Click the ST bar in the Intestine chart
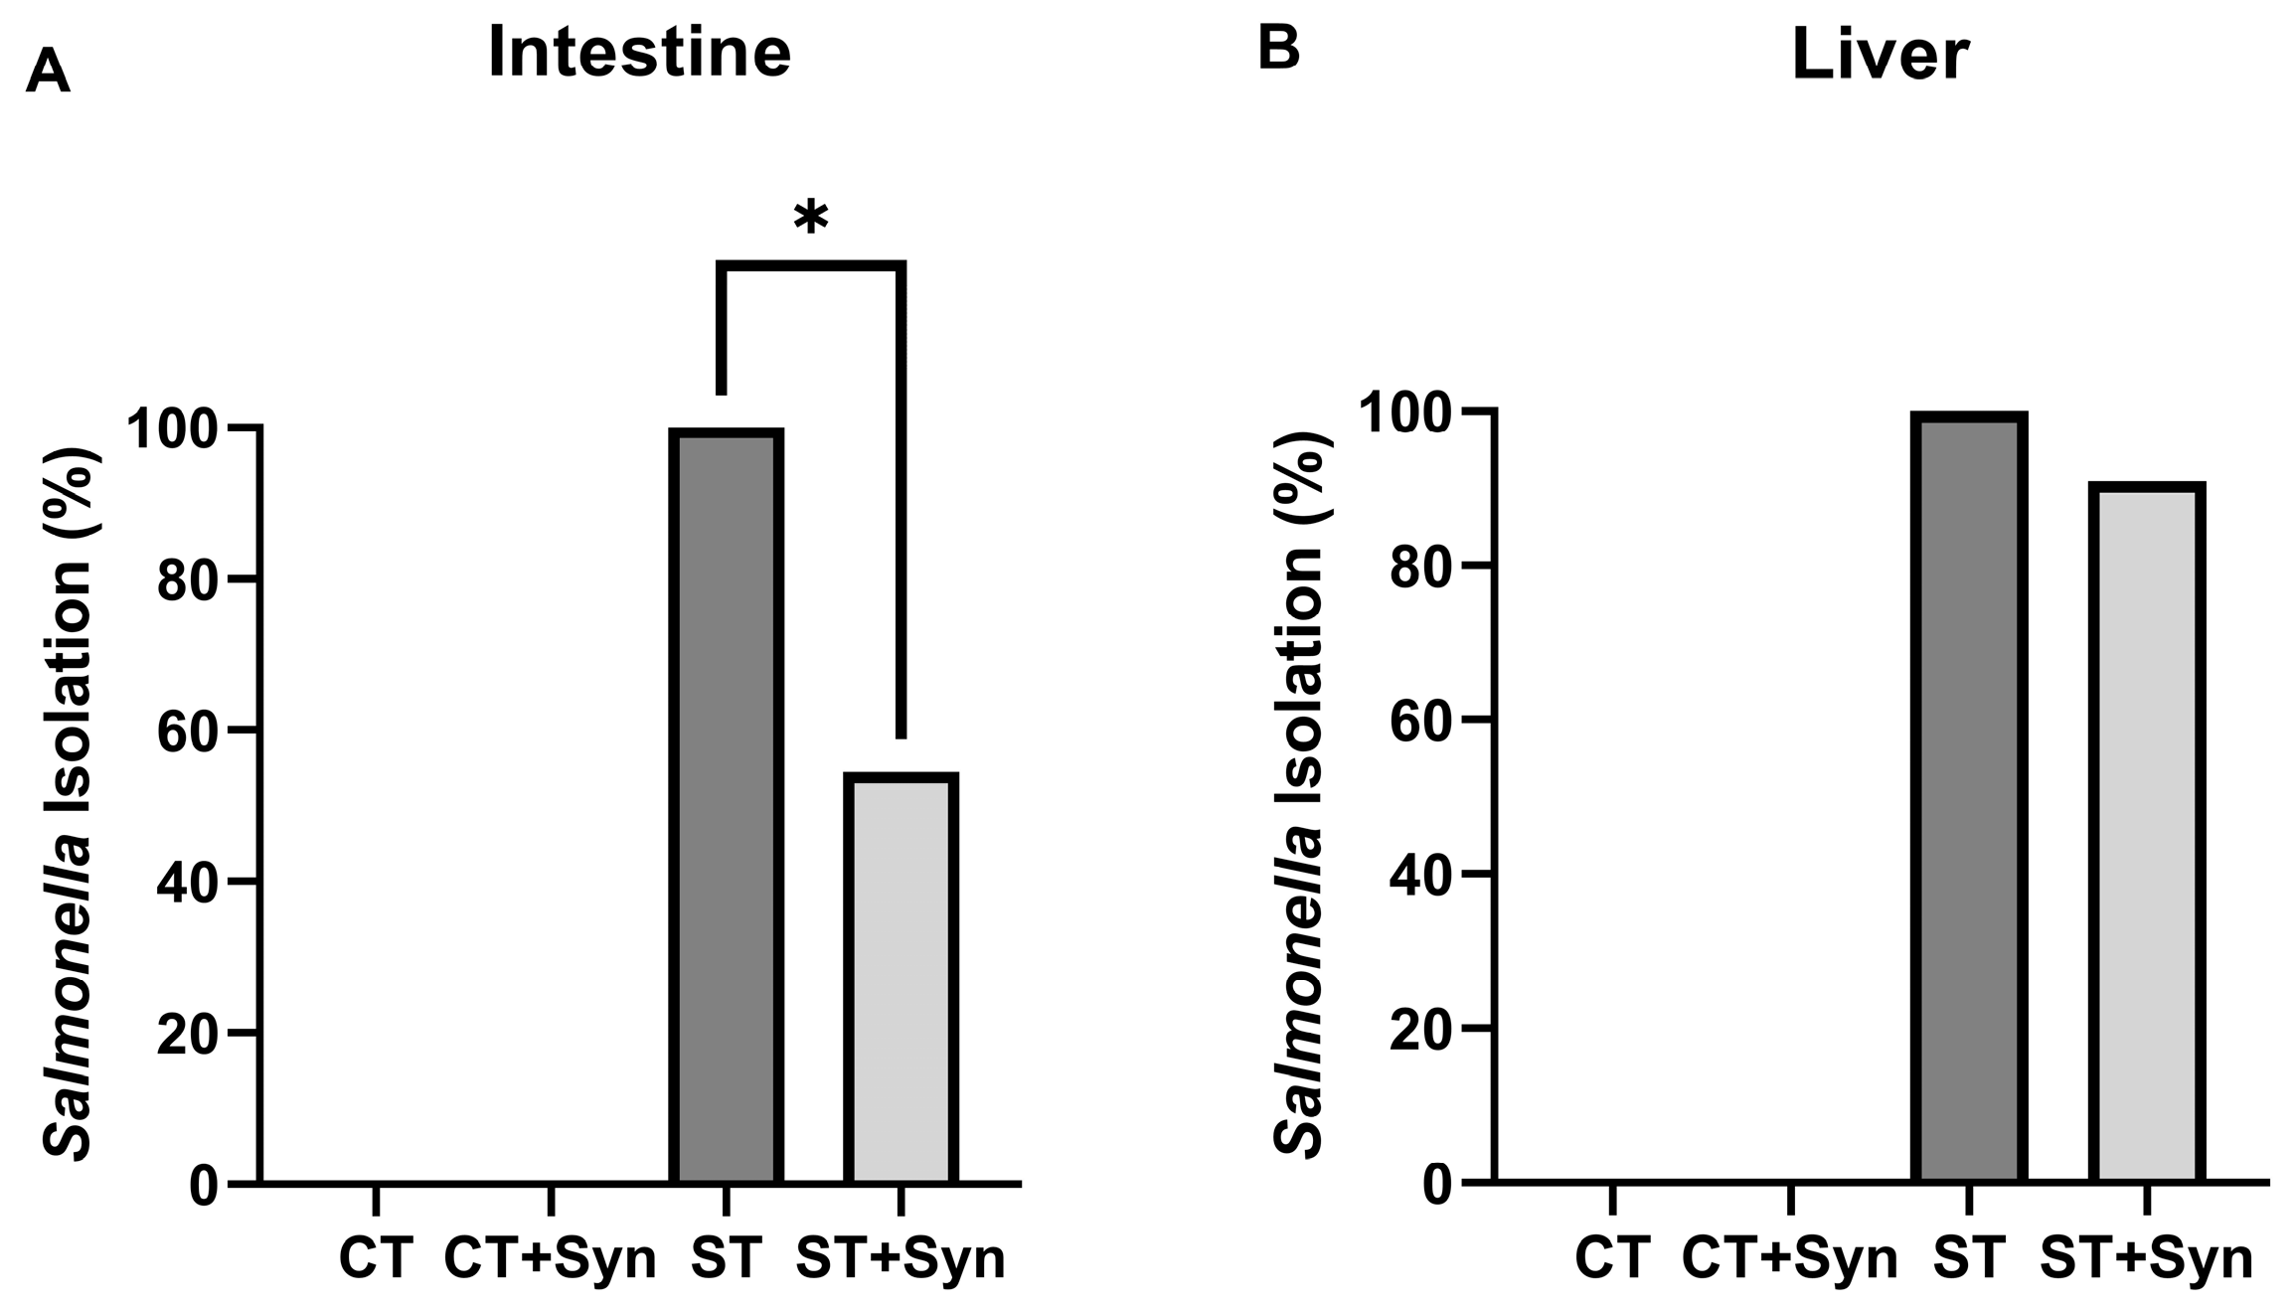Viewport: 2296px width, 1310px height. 727,806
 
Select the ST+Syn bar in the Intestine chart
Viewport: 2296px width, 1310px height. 901,978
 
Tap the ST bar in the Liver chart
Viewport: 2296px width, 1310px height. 1969,797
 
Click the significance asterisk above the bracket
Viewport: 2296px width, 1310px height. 811,218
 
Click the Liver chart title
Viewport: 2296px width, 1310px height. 1880,56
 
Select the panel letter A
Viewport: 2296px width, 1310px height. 48,73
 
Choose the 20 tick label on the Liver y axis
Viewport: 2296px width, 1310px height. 1419,1029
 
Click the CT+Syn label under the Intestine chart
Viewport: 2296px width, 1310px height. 550,1259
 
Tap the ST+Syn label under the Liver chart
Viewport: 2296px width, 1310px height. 2146,1259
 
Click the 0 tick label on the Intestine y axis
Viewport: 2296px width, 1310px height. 203,1186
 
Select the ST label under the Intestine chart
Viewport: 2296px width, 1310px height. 727,1258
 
